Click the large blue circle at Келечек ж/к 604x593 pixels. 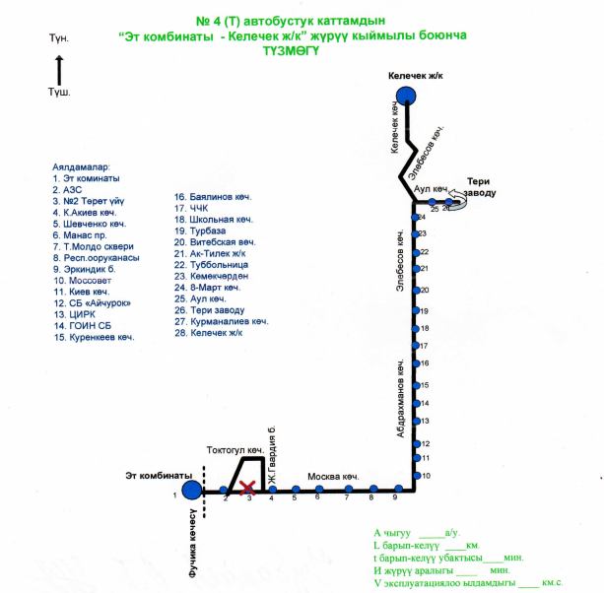coord(406,95)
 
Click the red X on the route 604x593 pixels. coord(248,488)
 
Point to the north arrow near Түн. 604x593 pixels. coord(59,70)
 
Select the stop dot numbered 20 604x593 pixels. coord(414,290)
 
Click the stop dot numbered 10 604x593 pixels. coord(414,476)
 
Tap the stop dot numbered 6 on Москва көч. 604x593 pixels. coord(318,489)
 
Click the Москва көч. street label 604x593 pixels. coord(332,477)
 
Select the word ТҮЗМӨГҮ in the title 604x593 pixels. coord(293,55)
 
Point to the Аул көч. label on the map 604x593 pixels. coord(433,187)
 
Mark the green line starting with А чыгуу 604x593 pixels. coord(418,532)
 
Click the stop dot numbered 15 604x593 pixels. coord(414,383)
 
